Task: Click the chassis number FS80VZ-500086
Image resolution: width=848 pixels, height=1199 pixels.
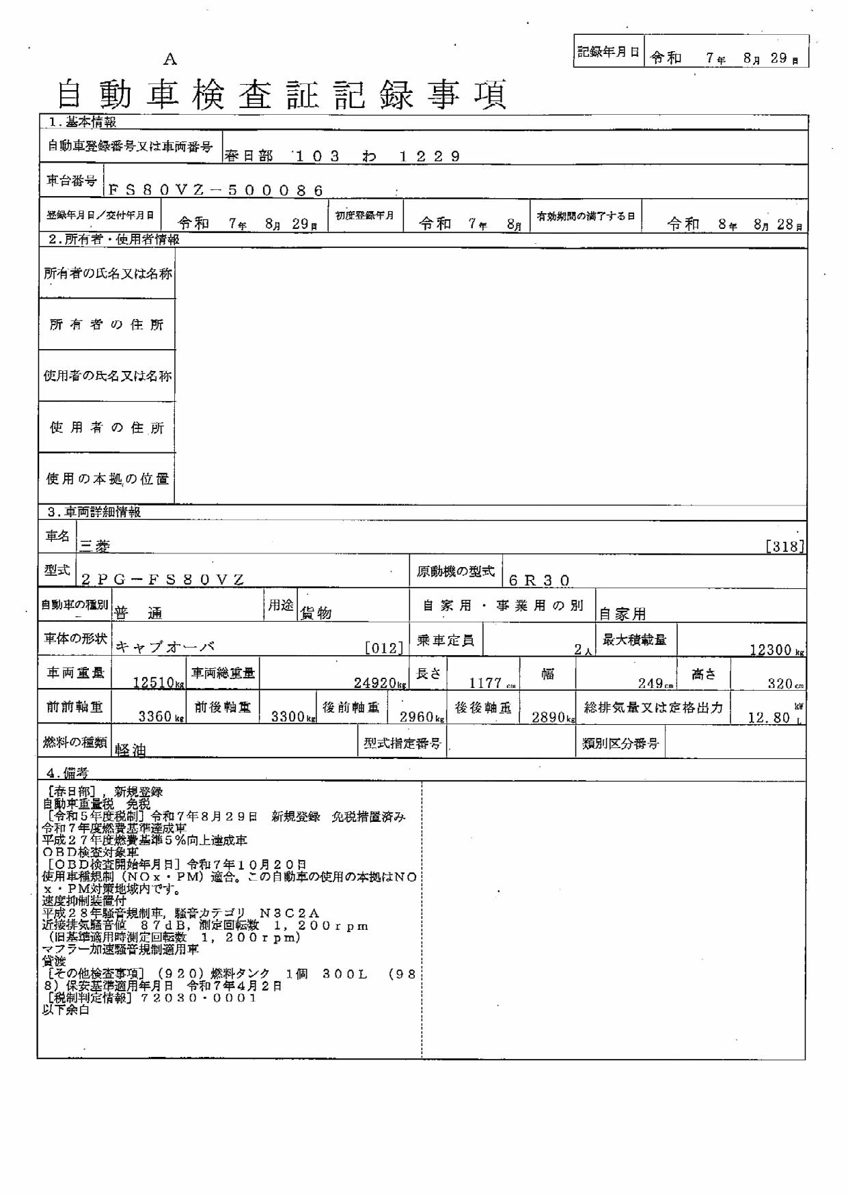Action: pyautogui.click(x=215, y=191)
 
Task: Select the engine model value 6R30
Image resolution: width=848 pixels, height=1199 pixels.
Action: pyautogui.click(x=539, y=581)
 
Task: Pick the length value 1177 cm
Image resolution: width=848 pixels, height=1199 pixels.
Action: pyautogui.click(x=489, y=683)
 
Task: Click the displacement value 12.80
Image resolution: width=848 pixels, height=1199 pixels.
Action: pyautogui.click(x=773, y=718)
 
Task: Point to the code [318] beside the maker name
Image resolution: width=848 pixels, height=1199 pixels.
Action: pyautogui.click(x=785, y=547)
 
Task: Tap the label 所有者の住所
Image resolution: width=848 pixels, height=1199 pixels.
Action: pyautogui.click(x=107, y=325)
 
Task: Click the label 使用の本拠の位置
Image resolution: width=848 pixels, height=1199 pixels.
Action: pyautogui.click(x=107, y=479)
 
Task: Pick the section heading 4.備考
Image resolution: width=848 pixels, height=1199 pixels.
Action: pyautogui.click(x=67, y=773)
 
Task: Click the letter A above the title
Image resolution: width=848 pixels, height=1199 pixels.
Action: pyautogui.click(x=170, y=59)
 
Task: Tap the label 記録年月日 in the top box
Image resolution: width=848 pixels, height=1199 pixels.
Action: pyautogui.click(x=608, y=52)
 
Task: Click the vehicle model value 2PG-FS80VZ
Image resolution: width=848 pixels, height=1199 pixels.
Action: pyautogui.click(x=163, y=580)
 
